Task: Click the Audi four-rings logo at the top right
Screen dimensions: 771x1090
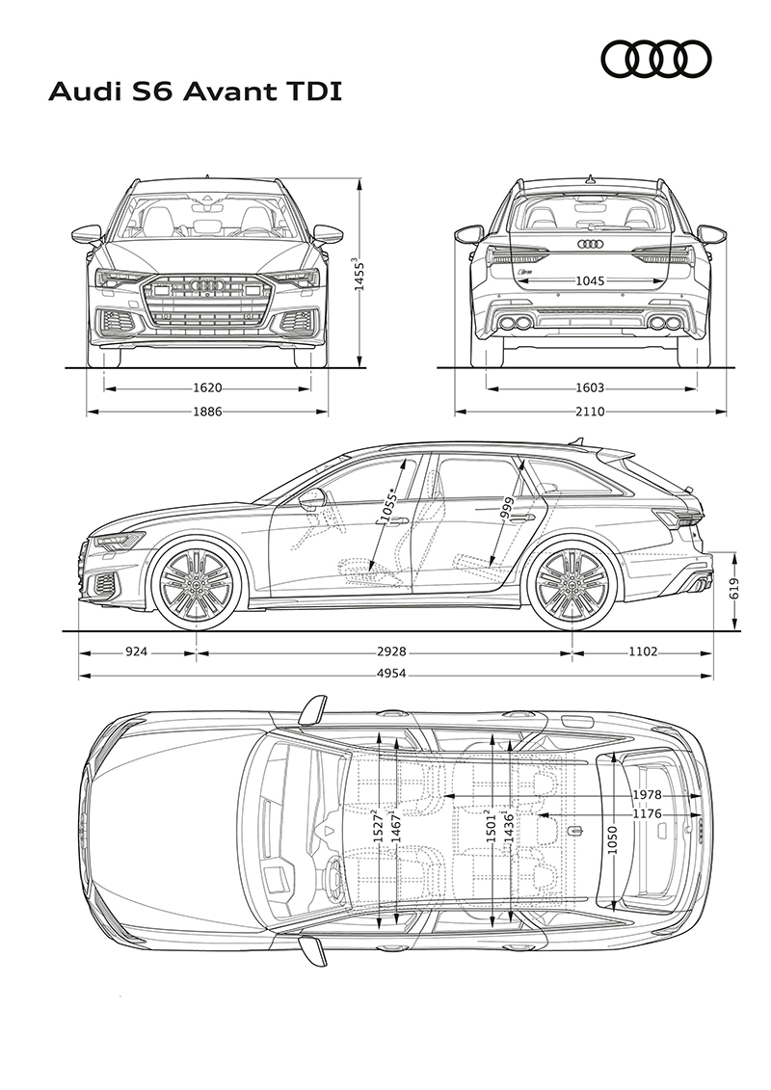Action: coord(655,58)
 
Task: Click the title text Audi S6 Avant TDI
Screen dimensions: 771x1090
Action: coord(195,93)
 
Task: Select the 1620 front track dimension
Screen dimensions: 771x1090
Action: coord(207,387)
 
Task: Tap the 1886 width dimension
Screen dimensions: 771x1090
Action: coord(207,412)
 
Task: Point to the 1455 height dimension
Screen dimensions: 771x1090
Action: coord(359,276)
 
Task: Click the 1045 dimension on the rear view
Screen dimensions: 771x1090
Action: coord(590,280)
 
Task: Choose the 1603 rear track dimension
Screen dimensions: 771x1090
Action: coord(590,387)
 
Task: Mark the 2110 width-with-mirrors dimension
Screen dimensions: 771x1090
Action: coord(590,412)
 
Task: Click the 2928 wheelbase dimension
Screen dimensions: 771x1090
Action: coord(391,652)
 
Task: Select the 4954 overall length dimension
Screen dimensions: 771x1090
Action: coord(391,673)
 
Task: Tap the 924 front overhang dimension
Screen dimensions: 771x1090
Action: coord(139,652)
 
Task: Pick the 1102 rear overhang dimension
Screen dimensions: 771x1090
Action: coord(643,652)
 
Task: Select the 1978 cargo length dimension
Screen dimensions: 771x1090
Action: coord(647,795)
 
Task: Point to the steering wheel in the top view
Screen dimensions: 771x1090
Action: coord(333,878)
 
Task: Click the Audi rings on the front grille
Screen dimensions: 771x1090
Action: coord(206,285)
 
